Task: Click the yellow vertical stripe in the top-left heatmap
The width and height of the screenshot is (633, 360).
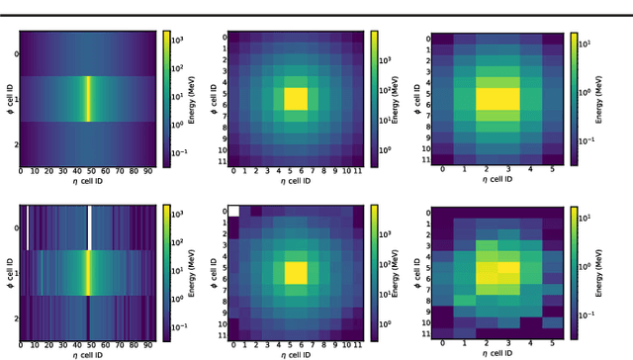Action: coord(87,99)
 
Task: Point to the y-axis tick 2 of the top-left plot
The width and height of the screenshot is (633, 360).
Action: coord(15,145)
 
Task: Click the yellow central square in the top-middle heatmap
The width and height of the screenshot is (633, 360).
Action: coord(296,99)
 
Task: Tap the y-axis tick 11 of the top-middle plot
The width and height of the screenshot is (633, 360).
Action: coord(223,158)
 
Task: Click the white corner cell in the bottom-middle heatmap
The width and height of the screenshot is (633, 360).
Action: coord(234,211)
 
